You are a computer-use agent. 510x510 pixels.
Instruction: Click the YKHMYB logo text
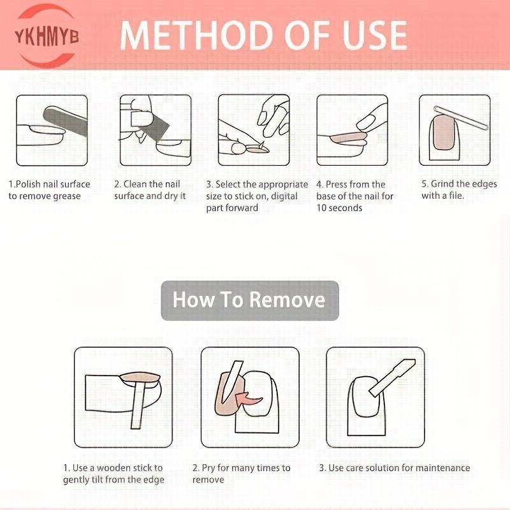click(47, 36)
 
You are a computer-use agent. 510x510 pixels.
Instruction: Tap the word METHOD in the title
click(197, 36)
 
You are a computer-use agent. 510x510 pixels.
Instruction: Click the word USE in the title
click(374, 36)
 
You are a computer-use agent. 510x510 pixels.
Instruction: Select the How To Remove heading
click(249, 300)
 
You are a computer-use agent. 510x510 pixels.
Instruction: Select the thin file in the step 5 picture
click(461, 118)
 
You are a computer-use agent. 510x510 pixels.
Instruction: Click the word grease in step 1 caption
click(65, 196)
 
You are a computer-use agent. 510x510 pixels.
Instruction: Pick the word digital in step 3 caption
click(284, 196)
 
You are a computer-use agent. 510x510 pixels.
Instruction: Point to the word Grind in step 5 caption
click(442, 184)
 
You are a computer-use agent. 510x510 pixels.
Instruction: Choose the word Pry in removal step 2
click(208, 469)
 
